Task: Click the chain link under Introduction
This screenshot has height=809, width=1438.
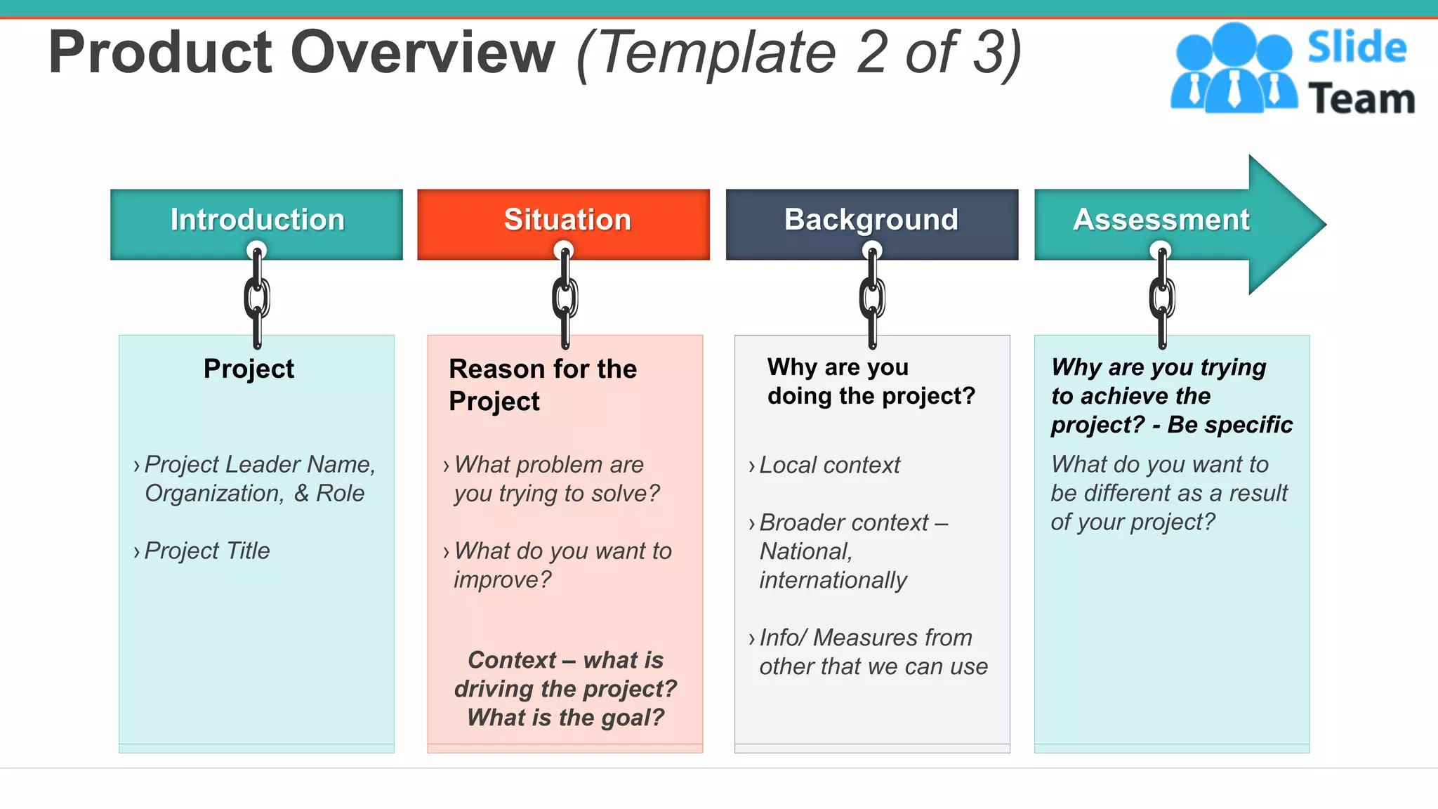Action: coord(257,298)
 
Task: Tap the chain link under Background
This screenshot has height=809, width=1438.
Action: coord(872,298)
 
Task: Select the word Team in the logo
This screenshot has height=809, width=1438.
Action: coord(1361,98)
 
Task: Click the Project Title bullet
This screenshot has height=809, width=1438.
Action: coord(206,551)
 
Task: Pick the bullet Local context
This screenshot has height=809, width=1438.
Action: coord(829,465)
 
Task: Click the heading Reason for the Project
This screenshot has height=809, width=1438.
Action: coord(542,384)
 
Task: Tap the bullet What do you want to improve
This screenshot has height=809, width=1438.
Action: coord(562,565)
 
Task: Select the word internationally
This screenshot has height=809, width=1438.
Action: coord(833,580)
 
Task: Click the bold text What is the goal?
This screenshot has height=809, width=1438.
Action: coord(565,718)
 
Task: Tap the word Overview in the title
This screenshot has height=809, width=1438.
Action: coord(422,53)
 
